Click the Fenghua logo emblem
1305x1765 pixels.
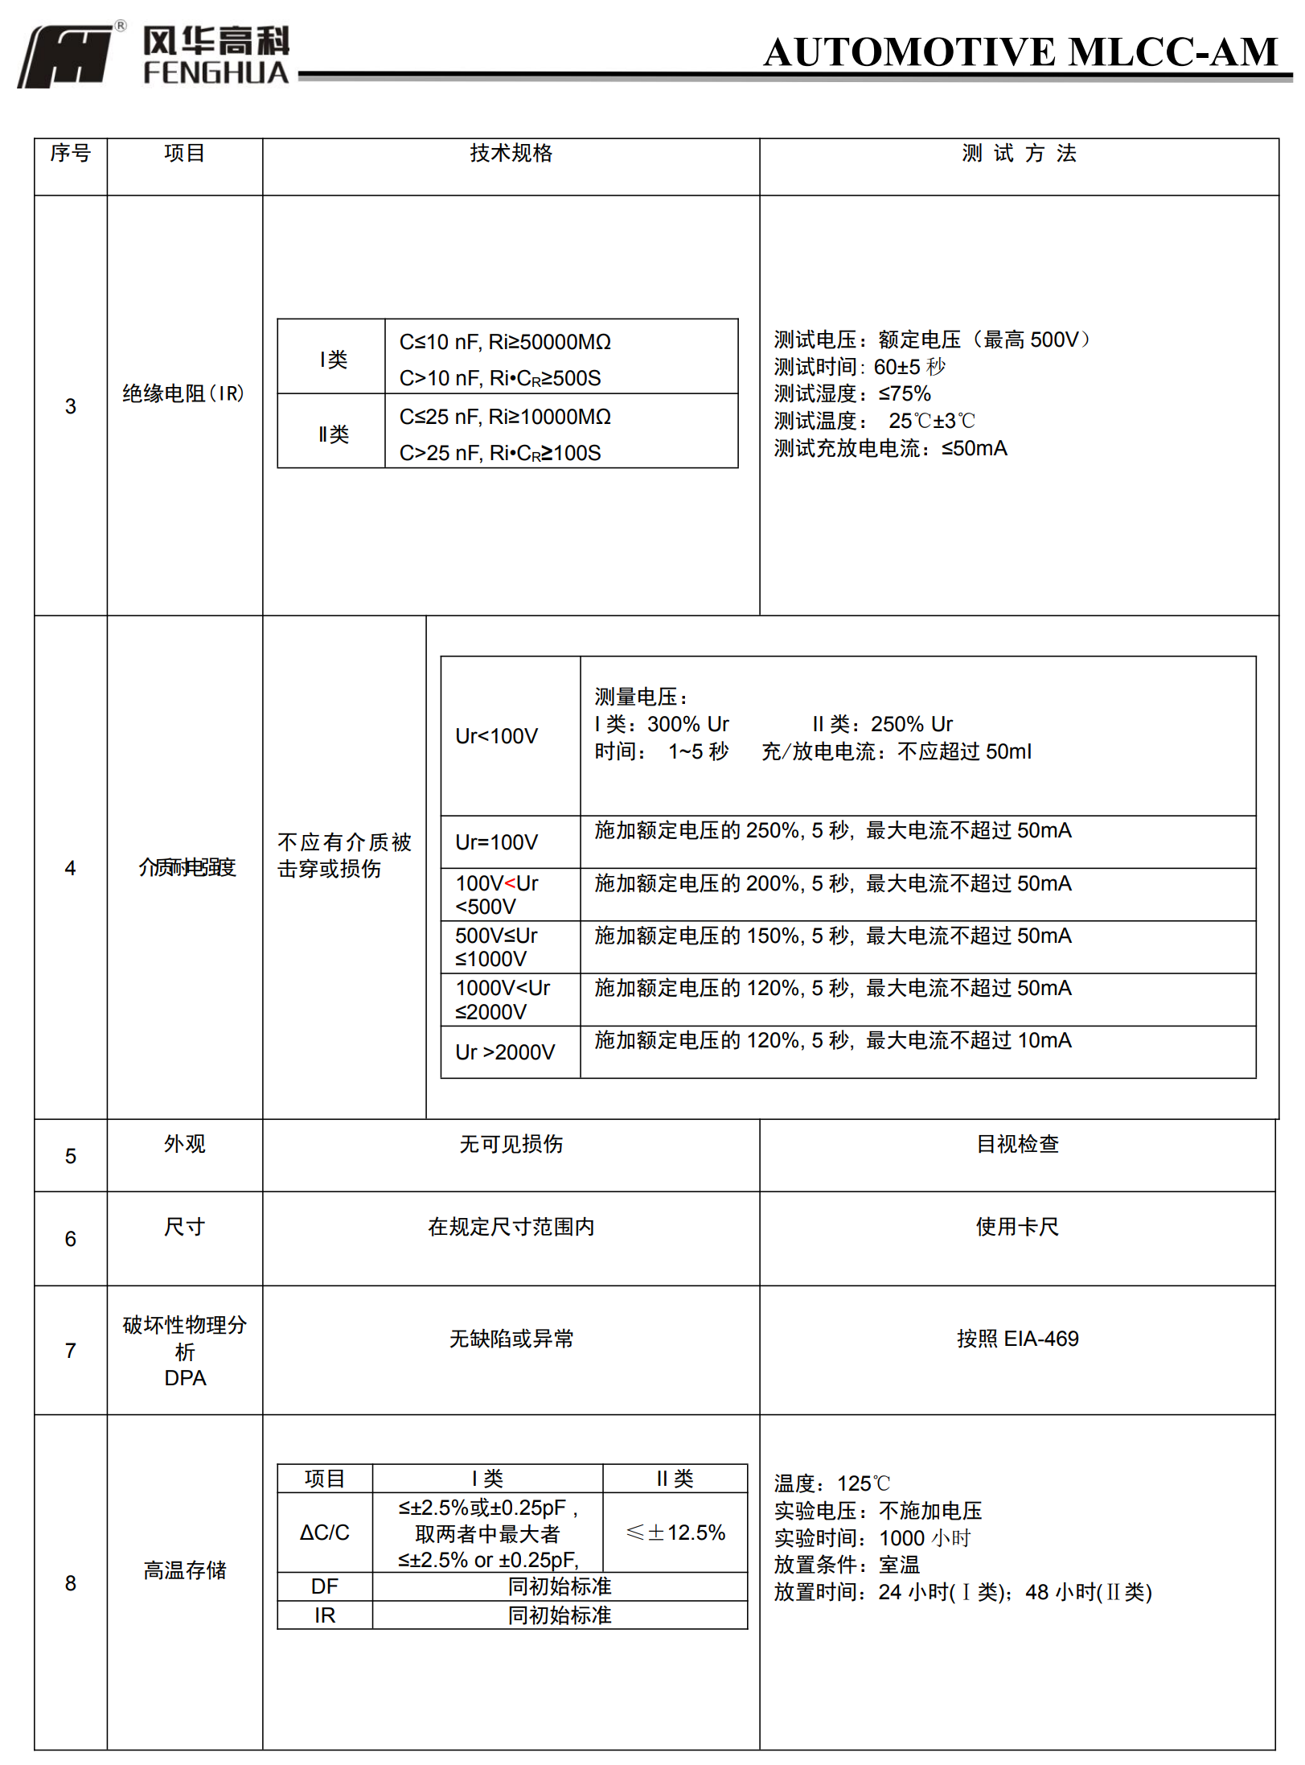point(66,55)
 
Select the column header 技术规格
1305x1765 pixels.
point(511,154)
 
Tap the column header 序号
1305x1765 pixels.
point(71,153)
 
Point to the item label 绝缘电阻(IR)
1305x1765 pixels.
point(183,393)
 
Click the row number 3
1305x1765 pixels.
point(71,406)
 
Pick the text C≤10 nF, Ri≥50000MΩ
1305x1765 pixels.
point(505,342)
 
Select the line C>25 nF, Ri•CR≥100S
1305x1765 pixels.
point(500,453)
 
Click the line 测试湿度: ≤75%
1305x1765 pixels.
point(852,393)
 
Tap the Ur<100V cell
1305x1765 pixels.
point(496,736)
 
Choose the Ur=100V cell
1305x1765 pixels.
point(496,842)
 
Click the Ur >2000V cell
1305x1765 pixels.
point(505,1052)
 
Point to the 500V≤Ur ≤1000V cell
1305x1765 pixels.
point(496,947)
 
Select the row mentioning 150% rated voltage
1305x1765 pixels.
point(833,936)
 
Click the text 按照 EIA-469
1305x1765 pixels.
point(1017,1339)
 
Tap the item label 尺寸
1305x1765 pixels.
point(185,1227)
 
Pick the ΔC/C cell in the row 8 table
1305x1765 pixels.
point(325,1533)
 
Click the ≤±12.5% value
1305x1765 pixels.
point(675,1533)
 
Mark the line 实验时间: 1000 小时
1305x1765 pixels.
point(872,1538)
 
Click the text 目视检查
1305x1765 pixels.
point(1017,1144)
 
